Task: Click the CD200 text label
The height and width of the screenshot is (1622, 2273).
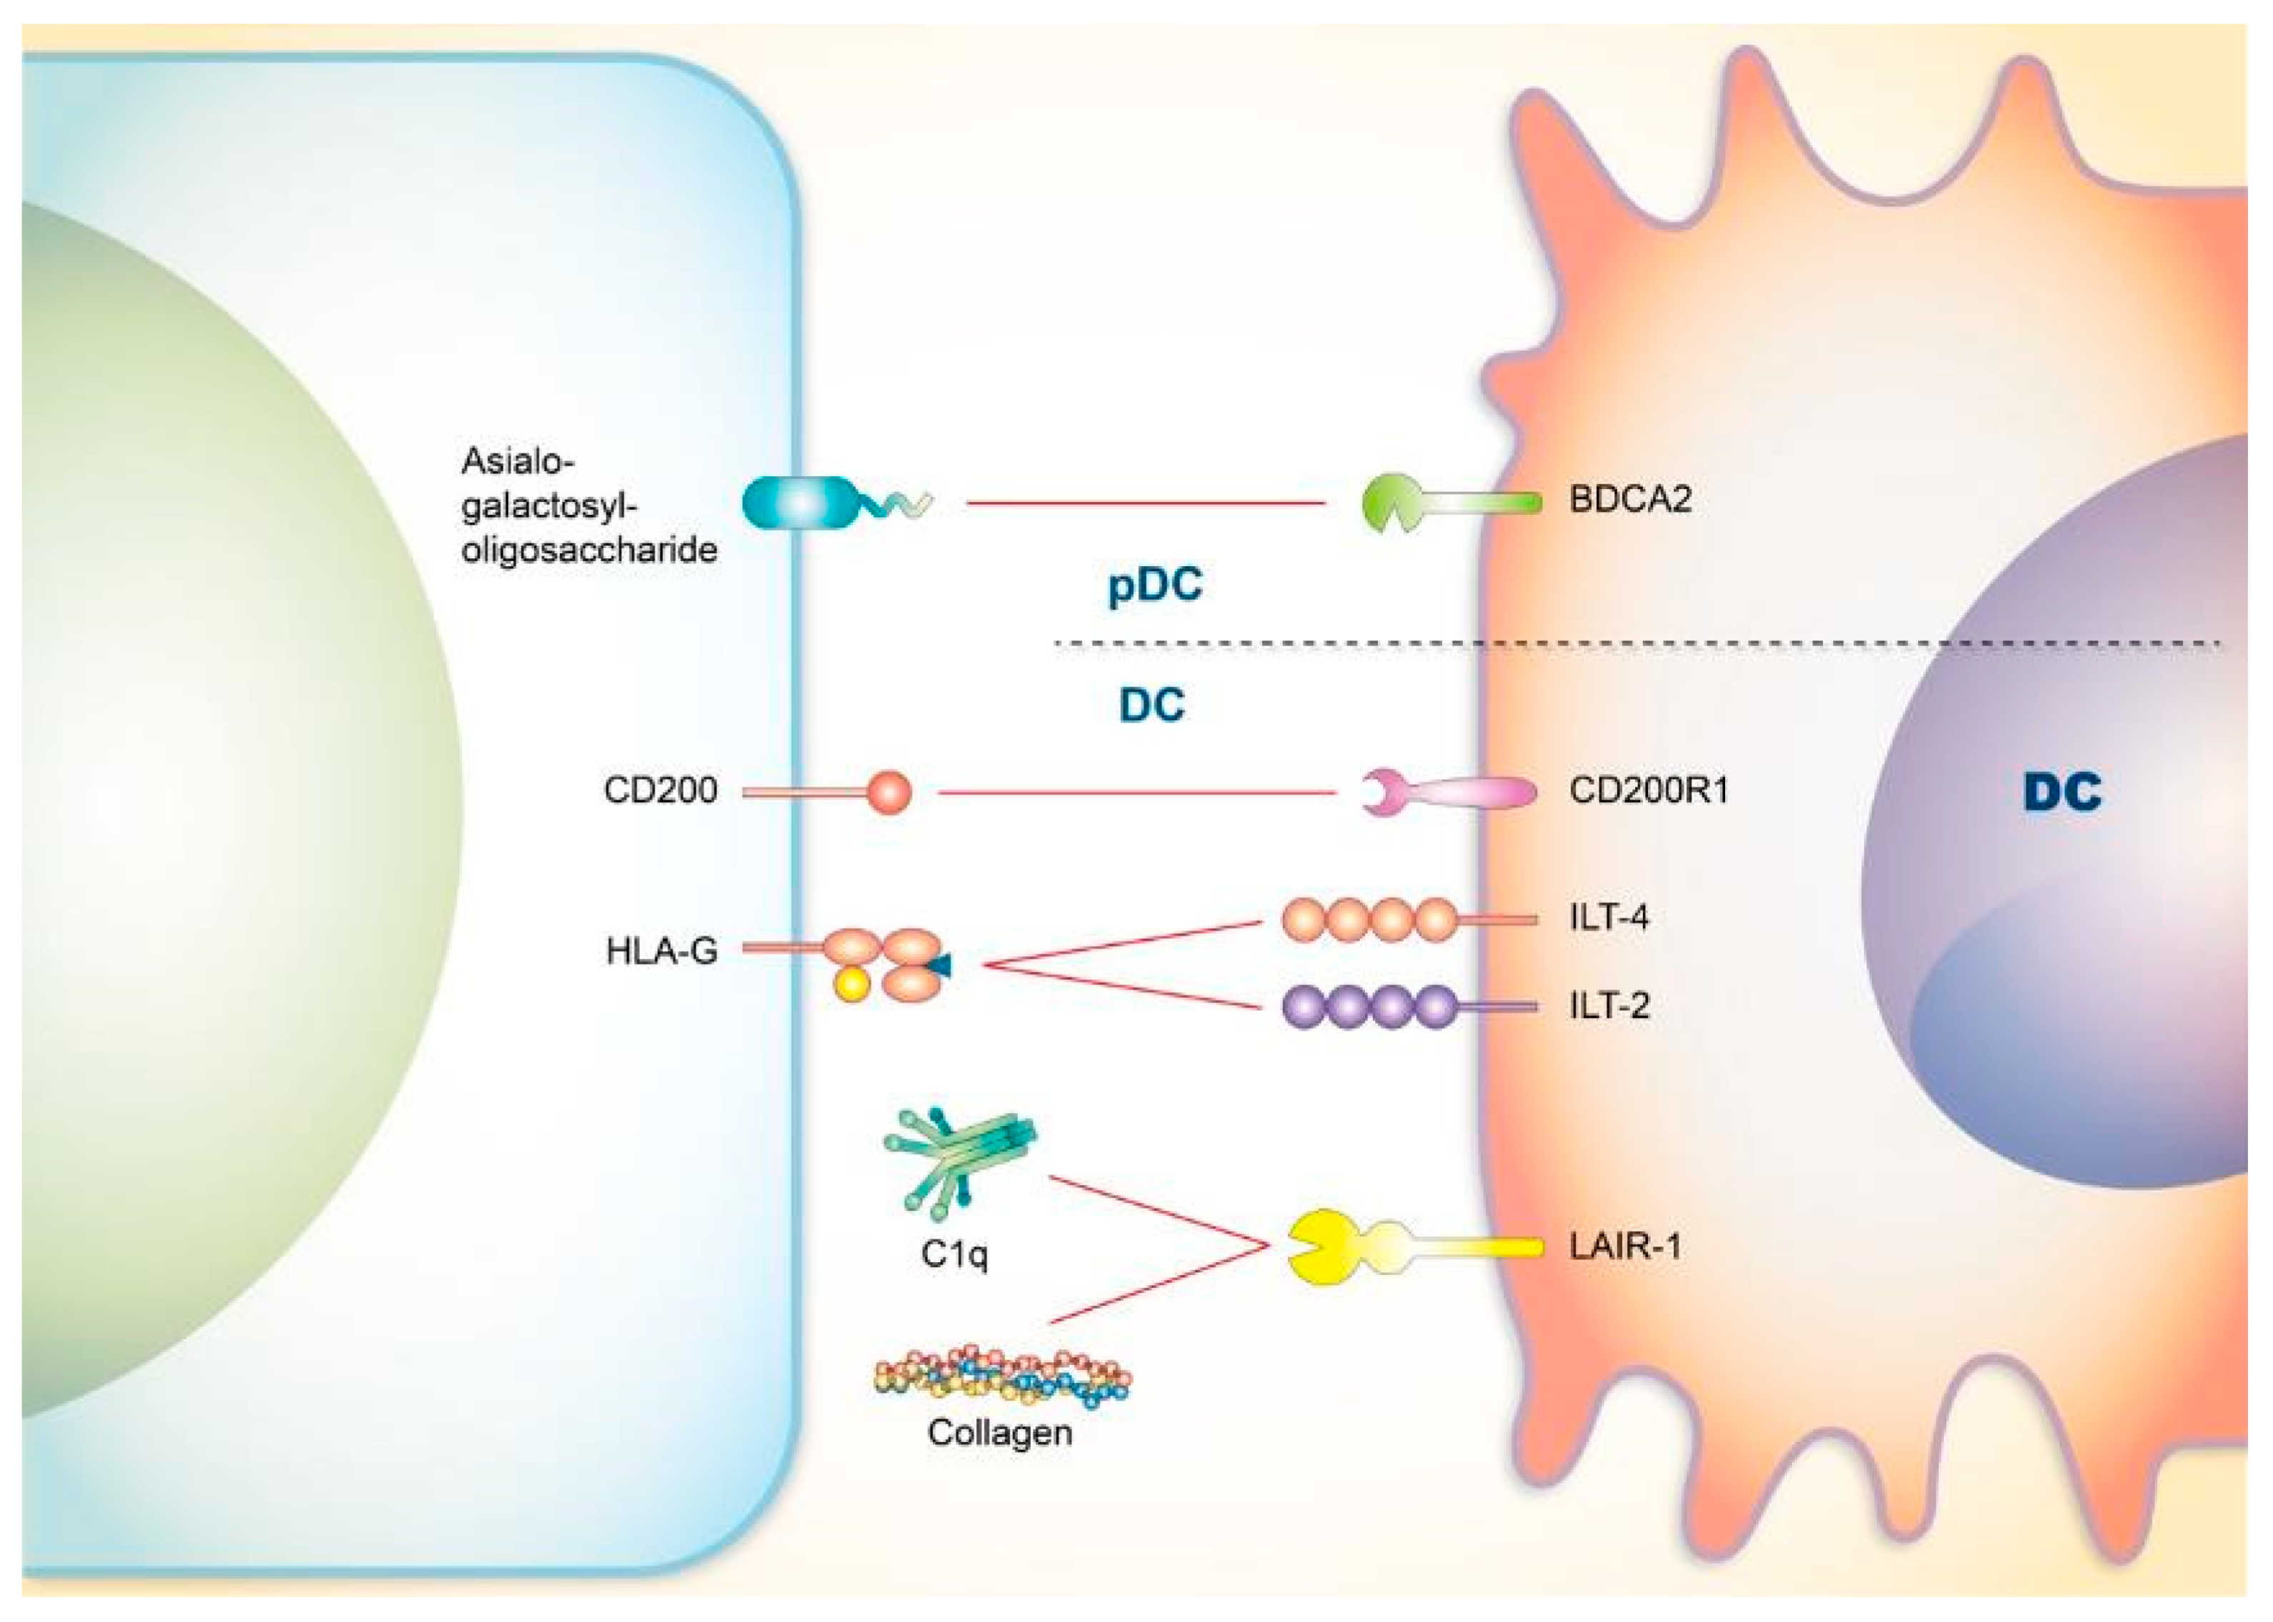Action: click(659, 791)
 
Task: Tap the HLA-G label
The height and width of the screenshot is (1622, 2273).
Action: click(661, 951)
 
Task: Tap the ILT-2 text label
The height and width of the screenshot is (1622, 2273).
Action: click(1609, 1004)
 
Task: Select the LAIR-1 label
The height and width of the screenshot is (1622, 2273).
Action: click(1624, 1246)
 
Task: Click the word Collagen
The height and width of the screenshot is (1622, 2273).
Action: click(999, 1432)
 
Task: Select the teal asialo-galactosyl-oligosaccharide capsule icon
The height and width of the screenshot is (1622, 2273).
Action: click(799, 503)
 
